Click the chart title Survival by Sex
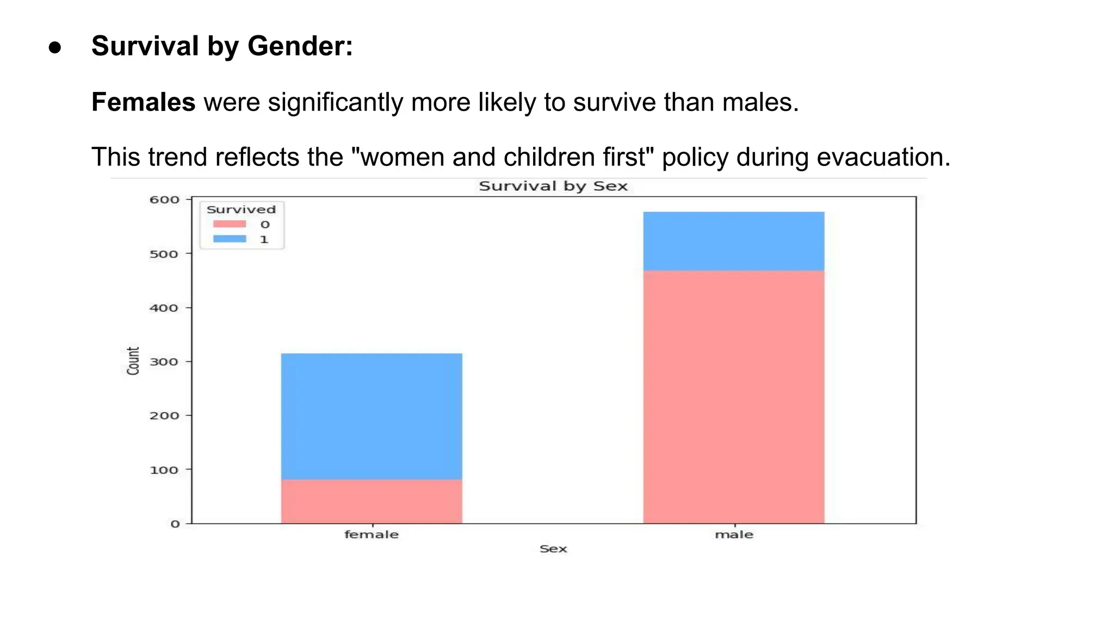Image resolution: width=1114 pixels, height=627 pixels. (553, 186)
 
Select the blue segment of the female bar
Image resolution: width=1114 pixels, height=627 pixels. (372, 416)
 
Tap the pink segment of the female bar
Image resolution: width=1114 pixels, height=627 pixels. (372, 501)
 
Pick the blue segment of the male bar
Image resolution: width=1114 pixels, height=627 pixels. (734, 241)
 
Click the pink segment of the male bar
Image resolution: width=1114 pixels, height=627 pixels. (734, 397)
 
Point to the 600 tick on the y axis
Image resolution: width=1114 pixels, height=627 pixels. (164, 200)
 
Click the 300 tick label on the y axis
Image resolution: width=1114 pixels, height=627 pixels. (164, 362)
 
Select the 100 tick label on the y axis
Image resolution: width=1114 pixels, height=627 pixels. (164, 470)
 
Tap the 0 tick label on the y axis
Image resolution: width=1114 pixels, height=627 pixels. (175, 524)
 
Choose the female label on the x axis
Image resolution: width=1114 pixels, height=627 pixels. (372, 535)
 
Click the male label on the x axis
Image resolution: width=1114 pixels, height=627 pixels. (734, 535)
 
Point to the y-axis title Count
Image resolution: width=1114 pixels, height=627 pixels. (133, 361)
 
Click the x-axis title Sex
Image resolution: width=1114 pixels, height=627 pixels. (553, 549)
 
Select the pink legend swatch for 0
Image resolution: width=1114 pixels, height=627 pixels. (230, 224)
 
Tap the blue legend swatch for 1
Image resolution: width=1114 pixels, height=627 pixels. (230, 239)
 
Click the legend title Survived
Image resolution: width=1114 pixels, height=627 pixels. (241, 210)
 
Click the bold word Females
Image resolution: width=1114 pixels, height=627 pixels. (143, 102)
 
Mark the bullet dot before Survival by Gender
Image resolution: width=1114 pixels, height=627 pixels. (55, 47)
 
